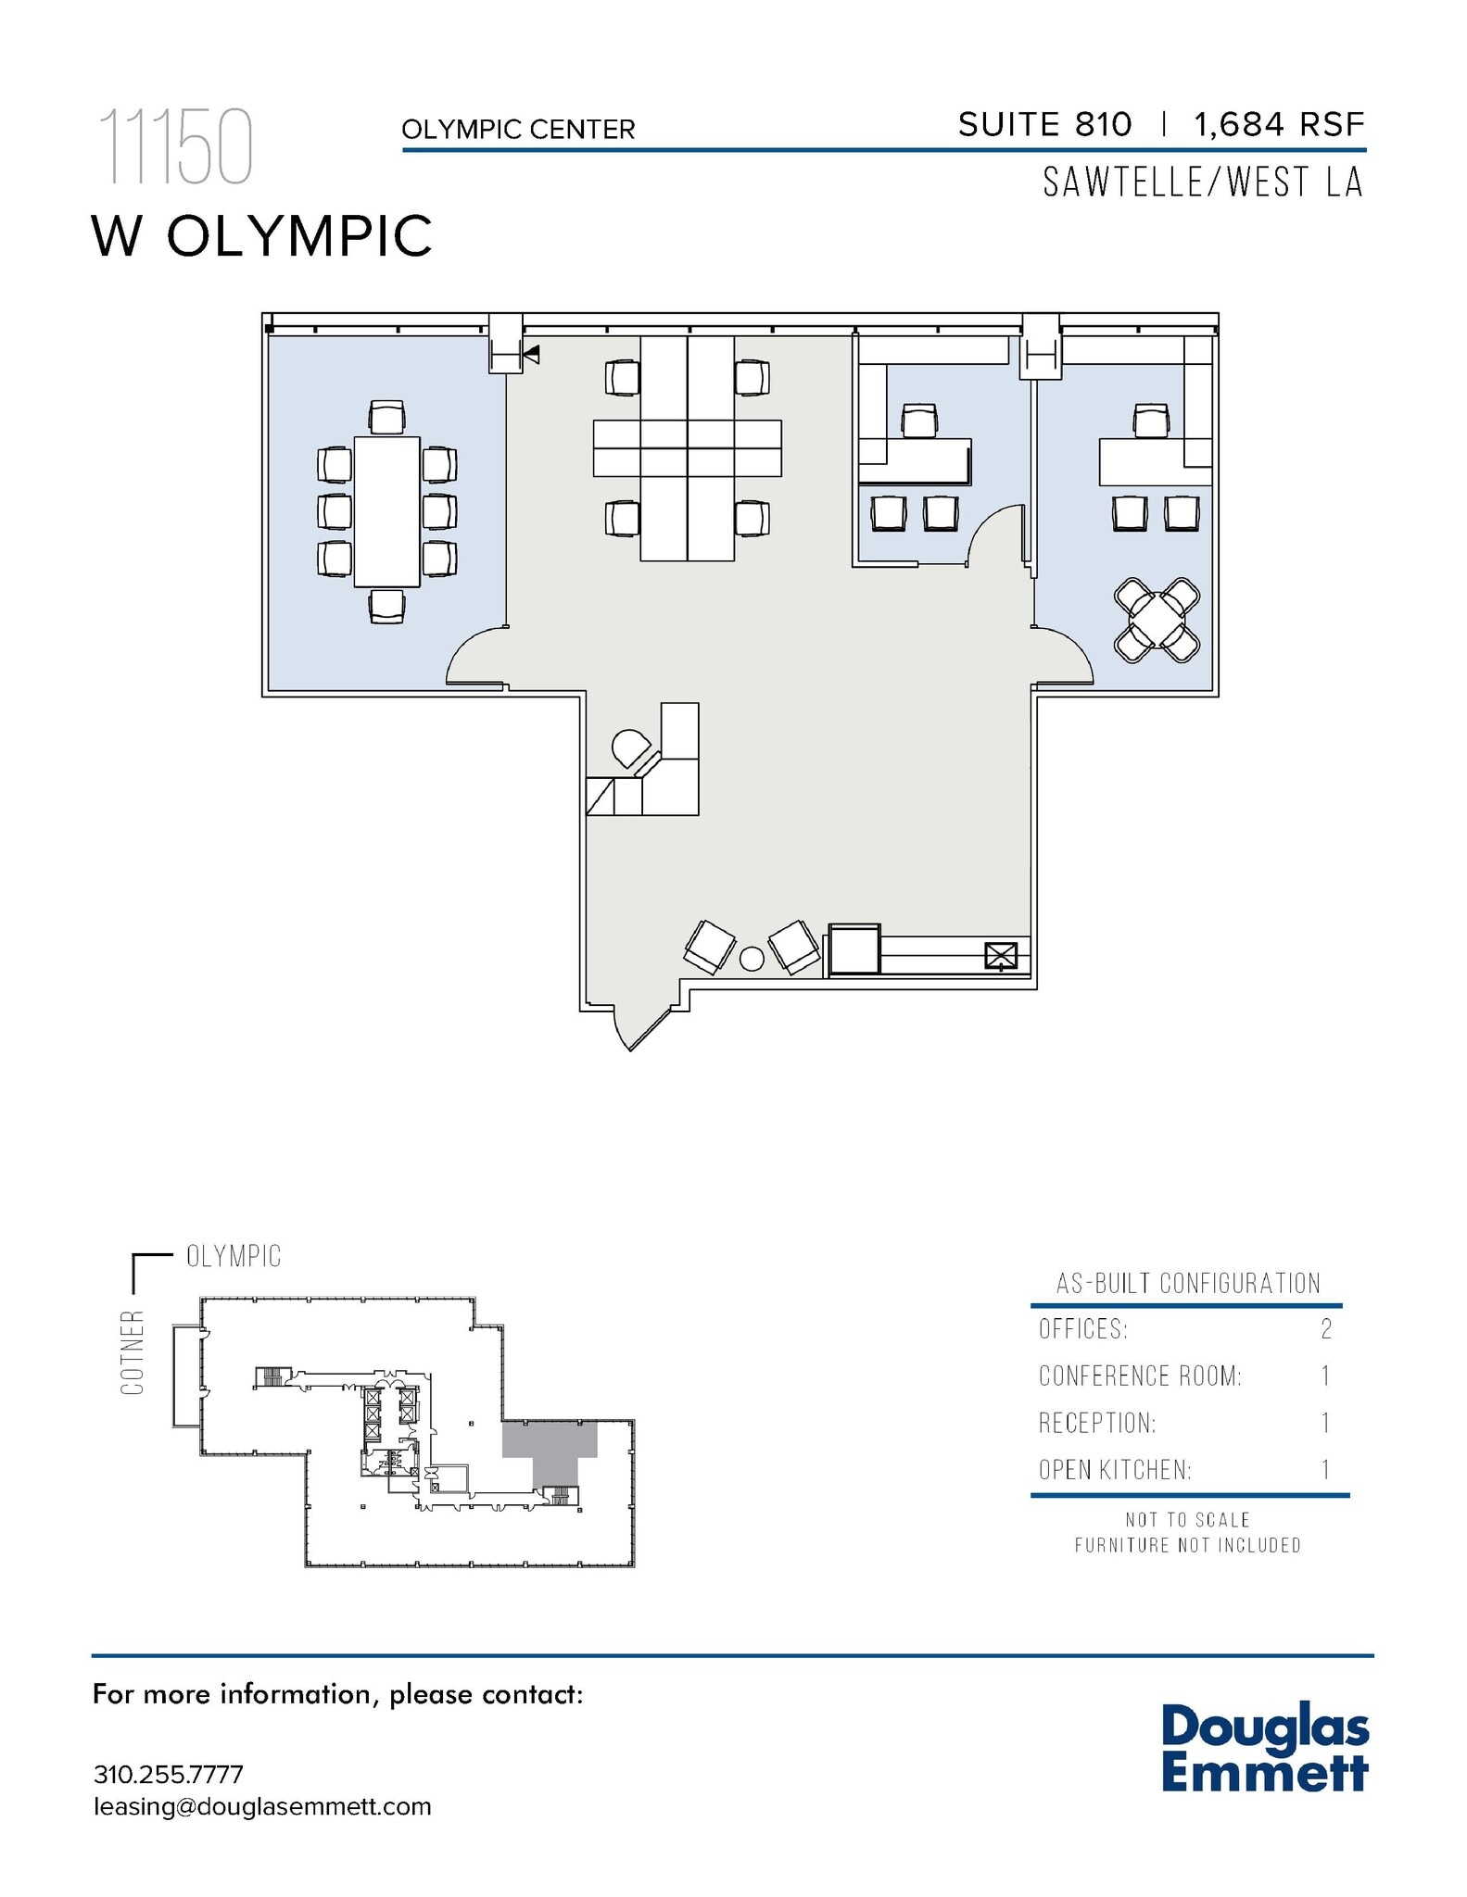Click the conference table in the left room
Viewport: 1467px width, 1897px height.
click(x=386, y=511)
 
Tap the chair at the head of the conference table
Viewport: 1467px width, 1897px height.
click(x=386, y=417)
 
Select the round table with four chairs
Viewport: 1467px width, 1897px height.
click(x=1157, y=620)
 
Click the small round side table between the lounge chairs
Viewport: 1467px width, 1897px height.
click(x=752, y=959)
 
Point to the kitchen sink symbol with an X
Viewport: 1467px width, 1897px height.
click(x=1001, y=955)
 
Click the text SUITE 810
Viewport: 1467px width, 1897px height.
click(x=1044, y=124)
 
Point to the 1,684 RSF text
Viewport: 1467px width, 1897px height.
click(x=1279, y=124)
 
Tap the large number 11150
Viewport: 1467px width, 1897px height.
click(x=175, y=146)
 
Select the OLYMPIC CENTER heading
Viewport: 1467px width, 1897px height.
click(x=518, y=130)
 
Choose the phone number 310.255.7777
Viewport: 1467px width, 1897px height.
click(x=168, y=1775)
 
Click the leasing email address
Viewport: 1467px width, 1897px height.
click(x=262, y=1807)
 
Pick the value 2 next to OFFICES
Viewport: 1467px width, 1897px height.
click(x=1326, y=1329)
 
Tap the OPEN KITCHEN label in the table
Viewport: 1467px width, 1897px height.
click(x=1115, y=1470)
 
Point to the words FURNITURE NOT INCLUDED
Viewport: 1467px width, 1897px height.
click(x=1187, y=1545)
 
